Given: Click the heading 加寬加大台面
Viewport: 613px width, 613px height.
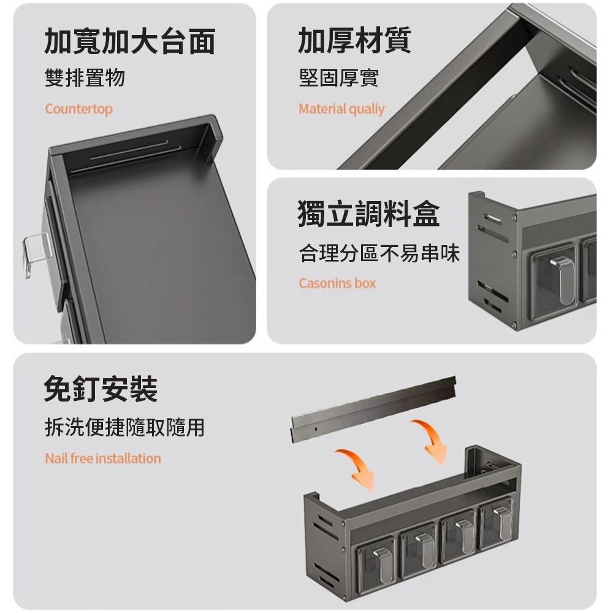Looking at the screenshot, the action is [129, 40].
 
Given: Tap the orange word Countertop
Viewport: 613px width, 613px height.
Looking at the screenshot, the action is [78, 109].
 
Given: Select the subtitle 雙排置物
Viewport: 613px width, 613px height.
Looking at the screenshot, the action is [85, 77].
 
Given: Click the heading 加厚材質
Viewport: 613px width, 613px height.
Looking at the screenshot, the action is [354, 40].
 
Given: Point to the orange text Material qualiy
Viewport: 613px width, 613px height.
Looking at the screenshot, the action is [341, 109].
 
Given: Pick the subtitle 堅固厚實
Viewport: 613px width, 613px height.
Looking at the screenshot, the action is [339, 77].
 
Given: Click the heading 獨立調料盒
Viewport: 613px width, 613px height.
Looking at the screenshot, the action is [368, 213].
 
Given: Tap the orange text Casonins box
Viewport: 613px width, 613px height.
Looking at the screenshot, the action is [337, 283].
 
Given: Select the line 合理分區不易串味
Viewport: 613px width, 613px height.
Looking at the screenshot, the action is [379, 253].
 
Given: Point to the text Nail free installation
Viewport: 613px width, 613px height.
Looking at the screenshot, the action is [103, 458].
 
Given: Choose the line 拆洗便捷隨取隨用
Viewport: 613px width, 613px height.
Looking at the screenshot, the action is [124, 427].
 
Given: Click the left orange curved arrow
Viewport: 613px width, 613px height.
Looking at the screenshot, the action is [357, 468].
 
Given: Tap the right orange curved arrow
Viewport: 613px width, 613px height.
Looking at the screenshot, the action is [431, 440].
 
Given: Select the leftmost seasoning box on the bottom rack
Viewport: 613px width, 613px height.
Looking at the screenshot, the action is [377, 560].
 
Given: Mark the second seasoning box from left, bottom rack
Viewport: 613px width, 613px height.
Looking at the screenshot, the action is [419, 548].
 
